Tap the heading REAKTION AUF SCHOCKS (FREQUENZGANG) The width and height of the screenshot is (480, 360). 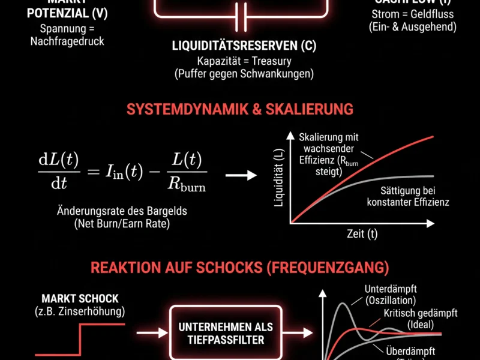click(240, 267)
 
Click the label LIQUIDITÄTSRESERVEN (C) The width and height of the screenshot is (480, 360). click(244, 46)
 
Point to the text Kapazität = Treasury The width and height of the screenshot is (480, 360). click(243, 61)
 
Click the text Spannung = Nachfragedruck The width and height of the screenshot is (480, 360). click(67, 35)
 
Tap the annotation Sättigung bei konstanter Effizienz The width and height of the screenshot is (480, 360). click(407, 197)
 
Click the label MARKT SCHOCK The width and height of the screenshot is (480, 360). click(80, 298)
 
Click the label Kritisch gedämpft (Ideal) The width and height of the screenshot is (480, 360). click(420, 319)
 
